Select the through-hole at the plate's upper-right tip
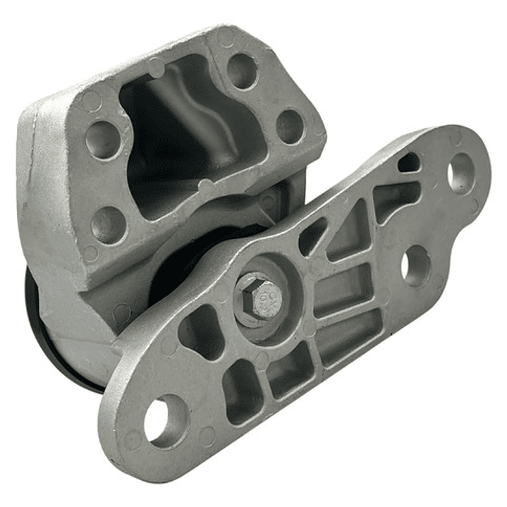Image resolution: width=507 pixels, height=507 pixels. [462, 173]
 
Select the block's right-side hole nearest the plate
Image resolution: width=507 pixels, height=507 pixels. [290, 126]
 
